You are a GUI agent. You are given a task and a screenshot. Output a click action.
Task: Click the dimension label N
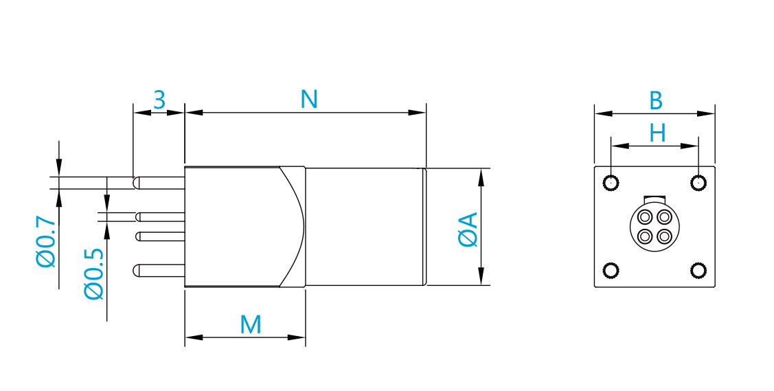(x=309, y=99)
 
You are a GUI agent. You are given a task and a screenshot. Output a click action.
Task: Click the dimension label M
(x=250, y=325)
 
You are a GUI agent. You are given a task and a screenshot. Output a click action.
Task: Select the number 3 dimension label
(x=159, y=100)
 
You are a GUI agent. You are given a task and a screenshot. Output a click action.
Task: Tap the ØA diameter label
(x=468, y=229)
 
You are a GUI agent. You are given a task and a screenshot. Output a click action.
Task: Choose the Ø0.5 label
(x=94, y=273)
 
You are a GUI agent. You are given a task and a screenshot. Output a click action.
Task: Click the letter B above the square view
(x=655, y=101)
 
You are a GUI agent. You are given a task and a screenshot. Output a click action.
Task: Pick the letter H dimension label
(x=657, y=133)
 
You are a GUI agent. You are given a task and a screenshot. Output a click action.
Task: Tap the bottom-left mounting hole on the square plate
(x=611, y=271)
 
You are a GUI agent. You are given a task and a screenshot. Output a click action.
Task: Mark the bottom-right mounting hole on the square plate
(x=698, y=271)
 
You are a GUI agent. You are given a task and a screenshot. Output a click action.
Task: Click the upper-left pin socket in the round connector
(x=645, y=216)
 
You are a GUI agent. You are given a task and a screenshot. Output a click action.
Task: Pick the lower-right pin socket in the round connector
(x=665, y=236)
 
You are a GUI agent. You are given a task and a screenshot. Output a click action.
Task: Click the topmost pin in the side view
(x=159, y=183)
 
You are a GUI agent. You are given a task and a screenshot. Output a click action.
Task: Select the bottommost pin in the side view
(x=159, y=271)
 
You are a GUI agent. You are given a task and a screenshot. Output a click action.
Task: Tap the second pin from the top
(x=161, y=217)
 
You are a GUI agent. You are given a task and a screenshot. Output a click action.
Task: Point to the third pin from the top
(x=161, y=236)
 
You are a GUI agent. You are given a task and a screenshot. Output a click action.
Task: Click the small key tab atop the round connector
(x=655, y=199)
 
